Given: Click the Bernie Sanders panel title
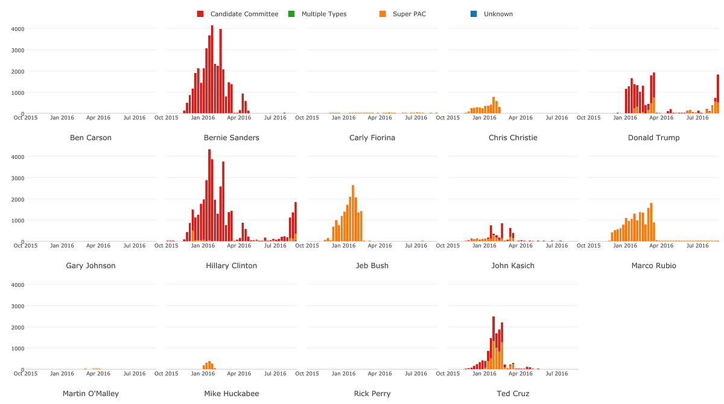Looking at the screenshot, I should pyautogui.click(x=231, y=138).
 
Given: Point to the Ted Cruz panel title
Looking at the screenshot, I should pyautogui.click(x=513, y=394).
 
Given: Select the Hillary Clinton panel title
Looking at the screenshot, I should pyautogui.click(x=231, y=266).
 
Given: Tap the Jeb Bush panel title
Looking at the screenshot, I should pyautogui.click(x=372, y=266).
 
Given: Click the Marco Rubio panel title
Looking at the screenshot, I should pyautogui.click(x=653, y=266).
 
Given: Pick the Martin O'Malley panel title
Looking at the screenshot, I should pyautogui.click(x=91, y=394).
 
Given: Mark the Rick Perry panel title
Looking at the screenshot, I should pyautogui.click(x=372, y=394).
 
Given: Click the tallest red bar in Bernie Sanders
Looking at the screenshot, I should pyautogui.click(x=212, y=69).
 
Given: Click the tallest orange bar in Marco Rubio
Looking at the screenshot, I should pyautogui.click(x=651, y=222).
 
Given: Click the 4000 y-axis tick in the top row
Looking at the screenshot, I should pyautogui.click(x=17, y=28).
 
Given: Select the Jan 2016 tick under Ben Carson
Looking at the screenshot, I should pyautogui.click(x=62, y=118).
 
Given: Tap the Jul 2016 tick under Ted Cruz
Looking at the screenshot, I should pyautogui.click(x=557, y=374).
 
